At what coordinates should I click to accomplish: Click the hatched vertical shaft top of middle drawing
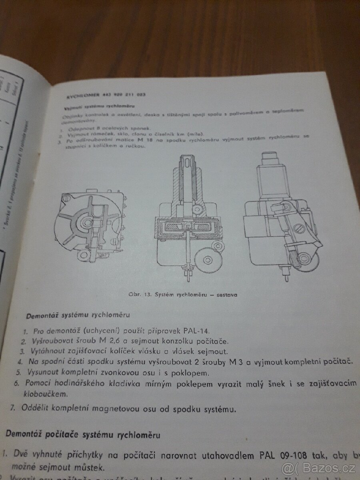click(x=188, y=168)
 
